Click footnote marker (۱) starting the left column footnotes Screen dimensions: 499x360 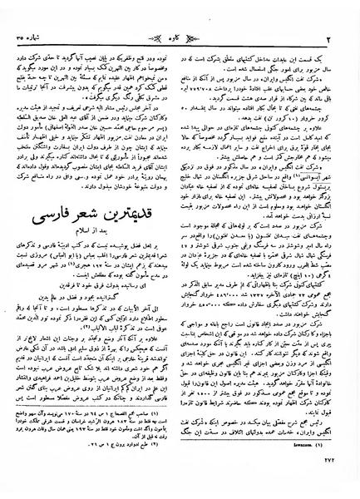(163, 435)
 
